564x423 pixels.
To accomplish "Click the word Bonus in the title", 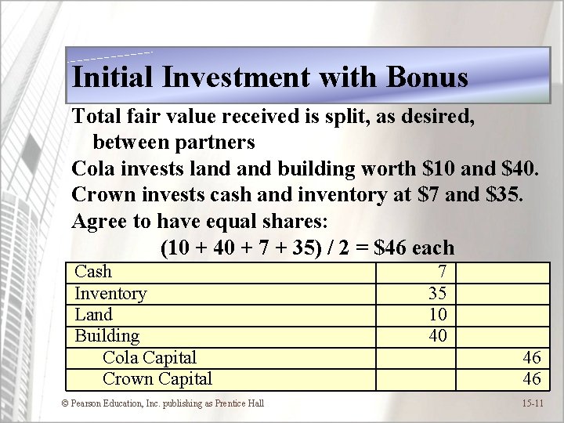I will point(427,77).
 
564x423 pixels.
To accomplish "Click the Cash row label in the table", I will point(93,272).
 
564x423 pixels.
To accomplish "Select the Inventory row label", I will point(110,294).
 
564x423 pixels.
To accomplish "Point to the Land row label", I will point(93,315).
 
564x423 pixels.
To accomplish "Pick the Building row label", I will point(107,336).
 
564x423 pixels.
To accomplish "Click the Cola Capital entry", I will point(150,357).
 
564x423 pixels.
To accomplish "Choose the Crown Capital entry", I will point(157,379).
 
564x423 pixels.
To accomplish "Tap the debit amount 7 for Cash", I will point(442,272).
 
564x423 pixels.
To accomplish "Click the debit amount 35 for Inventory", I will point(437,294).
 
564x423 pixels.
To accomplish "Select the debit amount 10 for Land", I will point(437,315).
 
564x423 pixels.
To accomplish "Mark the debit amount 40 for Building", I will point(437,336).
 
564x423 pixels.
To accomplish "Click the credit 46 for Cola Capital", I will point(532,358).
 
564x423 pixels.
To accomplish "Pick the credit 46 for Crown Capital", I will point(532,379).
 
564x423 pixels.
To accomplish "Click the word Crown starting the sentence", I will point(103,193).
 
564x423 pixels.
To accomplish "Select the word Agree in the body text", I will point(100,221).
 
